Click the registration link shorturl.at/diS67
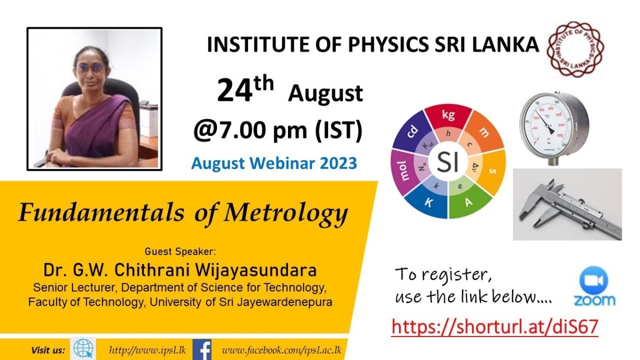click(x=494, y=326)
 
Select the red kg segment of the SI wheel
click(x=448, y=117)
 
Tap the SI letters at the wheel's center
click(x=448, y=162)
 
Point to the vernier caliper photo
click(x=567, y=204)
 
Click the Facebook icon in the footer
click(x=203, y=350)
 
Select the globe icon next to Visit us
click(x=83, y=350)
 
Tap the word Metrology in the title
click(x=285, y=213)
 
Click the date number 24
click(x=235, y=92)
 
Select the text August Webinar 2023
click(x=274, y=163)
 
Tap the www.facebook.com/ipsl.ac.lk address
click(x=281, y=350)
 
